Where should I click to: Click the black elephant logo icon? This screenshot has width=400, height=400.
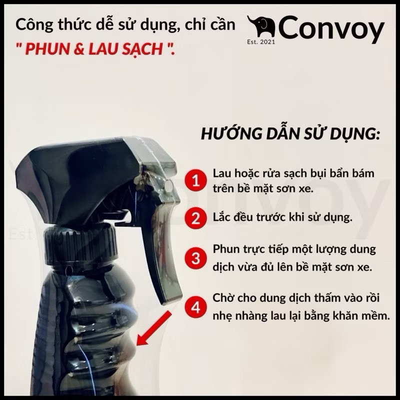pyautogui.click(x=261, y=27)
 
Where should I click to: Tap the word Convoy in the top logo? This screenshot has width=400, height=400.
pyautogui.click(x=331, y=29)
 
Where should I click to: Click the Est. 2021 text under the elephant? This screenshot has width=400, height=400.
pyautogui.click(x=261, y=42)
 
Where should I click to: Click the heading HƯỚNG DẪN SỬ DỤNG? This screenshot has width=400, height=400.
pyautogui.click(x=290, y=133)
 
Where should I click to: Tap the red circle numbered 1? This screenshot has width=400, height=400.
pyautogui.click(x=195, y=180)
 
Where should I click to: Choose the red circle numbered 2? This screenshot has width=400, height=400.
pyautogui.click(x=195, y=218)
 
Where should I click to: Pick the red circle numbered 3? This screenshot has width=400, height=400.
pyautogui.click(x=195, y=257)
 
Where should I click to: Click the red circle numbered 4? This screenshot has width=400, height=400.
pyautogui.click(x=195, y=307)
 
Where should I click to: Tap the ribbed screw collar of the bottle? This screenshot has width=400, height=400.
pyautogui.click(x=81, y=246)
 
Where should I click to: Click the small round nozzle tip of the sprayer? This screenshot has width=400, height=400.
pyautogui.click(x=168, y=185)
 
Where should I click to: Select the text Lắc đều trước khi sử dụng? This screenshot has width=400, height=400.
pyautogui.click(x=282, y=217)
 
